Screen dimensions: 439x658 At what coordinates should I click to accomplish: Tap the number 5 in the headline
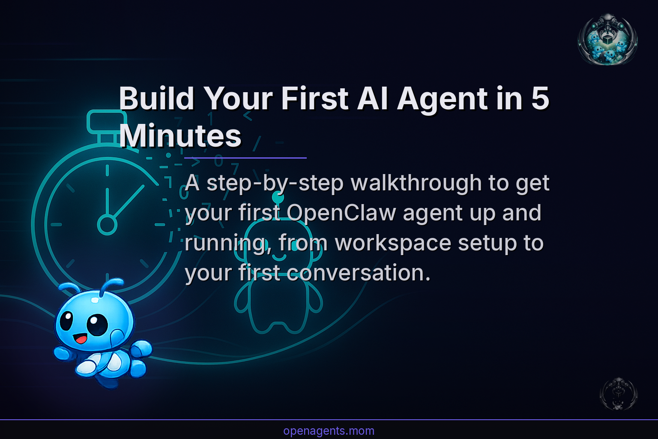pyautogui.click(x=540, y=99)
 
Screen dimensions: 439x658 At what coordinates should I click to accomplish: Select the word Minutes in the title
pyautogui.click(x=180, y=136)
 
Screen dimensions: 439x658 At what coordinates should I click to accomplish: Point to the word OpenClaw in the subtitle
pyautogui.click(x=341, y=213)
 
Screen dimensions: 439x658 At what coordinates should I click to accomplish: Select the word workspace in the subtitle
pyautogui.click(x=392, y=243)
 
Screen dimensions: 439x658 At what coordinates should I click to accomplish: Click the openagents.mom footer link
pyautogui.click(x=329, y=431)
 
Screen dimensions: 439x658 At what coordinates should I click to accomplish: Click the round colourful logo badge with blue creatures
pyautogui.click(x=607, y=39)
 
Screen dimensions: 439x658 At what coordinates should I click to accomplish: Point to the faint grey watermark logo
pyautogui.click(x=619, y=394)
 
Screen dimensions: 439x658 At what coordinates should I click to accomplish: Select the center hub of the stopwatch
pyautogui.click(x=107, y=224)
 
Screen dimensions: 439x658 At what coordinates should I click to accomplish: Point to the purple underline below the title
pyautogui.click(x=245, y=158)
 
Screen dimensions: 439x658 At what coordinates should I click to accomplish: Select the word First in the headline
pyautogui.click(x=314, y=99)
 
